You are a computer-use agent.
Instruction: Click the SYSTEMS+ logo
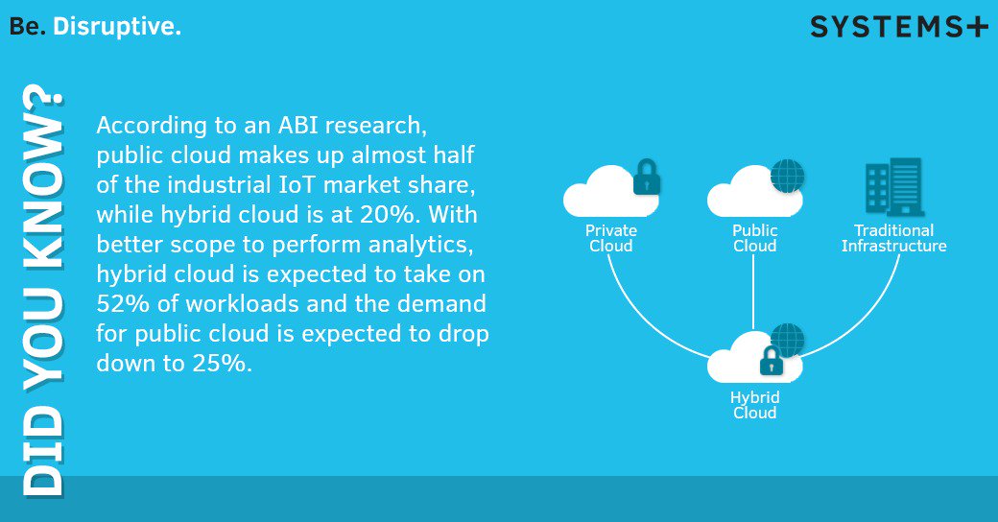pos(898,27)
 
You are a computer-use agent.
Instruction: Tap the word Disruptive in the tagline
pos(117,28)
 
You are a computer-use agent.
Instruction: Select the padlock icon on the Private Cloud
pos(647,178)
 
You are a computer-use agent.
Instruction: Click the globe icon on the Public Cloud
pos(788,177)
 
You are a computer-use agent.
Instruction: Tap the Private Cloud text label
pos(611,238)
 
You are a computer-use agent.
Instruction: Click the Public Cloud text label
pos(754,238)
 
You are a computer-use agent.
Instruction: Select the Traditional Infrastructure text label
pos(893,238)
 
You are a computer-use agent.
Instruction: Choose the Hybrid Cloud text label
pos(754,405)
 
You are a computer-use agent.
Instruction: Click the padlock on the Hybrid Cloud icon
pos(771,361)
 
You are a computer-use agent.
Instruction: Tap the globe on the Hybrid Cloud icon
pos(789,341)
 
